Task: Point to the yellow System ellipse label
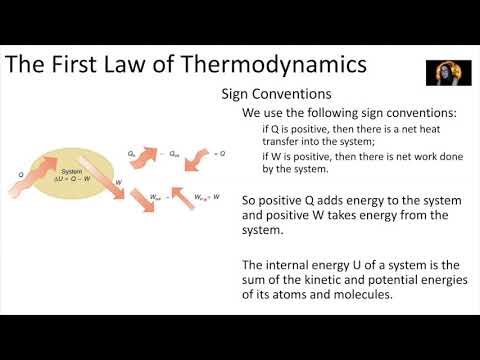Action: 71,170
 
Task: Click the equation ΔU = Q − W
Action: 73,178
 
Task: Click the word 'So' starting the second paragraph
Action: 251,200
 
